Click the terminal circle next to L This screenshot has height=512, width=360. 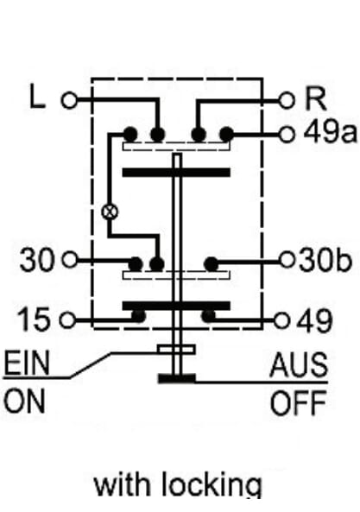[x=69, y=99]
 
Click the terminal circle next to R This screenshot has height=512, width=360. [x=287, y=100]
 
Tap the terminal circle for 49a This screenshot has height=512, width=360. [x=287, y=134]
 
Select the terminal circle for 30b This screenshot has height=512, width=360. [x=287, y=260]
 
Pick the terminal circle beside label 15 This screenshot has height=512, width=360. [x=68, y=319]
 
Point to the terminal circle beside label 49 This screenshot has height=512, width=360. [x=281, y=320]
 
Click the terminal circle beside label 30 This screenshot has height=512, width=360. [x=70, y=260]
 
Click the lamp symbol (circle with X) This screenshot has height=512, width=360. [x=110, y=212]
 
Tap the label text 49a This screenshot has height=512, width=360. [x=330, y=133]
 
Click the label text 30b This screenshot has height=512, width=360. [x=325, y=260]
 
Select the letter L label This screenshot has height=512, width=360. [x=37, y=96]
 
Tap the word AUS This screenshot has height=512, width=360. [x=299, y=364]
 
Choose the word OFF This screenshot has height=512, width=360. [x=299, y=403]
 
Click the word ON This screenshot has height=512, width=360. [x=24, y=401]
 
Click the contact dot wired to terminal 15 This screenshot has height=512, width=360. [x=138, y=316]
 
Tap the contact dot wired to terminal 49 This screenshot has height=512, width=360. [x=209, y=316]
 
